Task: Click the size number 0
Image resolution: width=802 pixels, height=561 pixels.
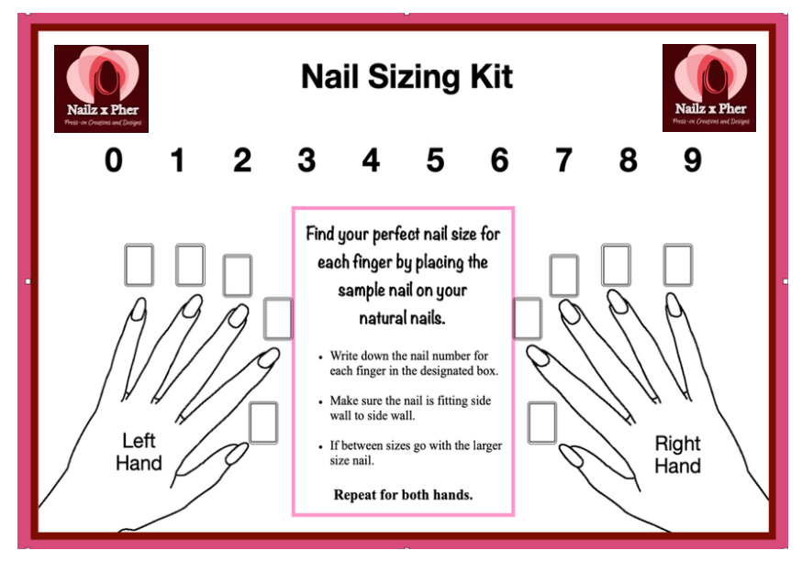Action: point(113,160)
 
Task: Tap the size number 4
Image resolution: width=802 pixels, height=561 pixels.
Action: point(371,160)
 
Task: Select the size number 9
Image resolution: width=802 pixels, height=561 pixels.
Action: point(692,160)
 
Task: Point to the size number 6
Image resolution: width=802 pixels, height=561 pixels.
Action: point(499,160)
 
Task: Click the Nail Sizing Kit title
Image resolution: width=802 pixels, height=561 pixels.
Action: point(407,77)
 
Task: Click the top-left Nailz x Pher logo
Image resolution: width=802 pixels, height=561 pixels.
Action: point(101,88)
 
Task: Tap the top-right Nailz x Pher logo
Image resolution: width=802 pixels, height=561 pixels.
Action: point(708,88)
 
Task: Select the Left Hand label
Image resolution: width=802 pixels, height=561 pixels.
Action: point(139,451)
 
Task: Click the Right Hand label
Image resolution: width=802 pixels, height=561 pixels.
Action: point(677,455)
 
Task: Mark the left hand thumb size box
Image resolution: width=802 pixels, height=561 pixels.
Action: point(263,423)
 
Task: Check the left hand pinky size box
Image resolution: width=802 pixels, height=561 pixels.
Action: point(139,265)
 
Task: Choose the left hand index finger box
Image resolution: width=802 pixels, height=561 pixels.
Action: point(277,318)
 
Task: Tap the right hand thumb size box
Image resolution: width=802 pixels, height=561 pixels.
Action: point(541,423)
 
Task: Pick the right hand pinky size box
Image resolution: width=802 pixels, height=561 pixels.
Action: point(678,265)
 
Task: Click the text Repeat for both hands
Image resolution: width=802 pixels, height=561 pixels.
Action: point(403,495)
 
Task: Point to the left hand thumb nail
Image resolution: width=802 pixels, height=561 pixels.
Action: point(237,453)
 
